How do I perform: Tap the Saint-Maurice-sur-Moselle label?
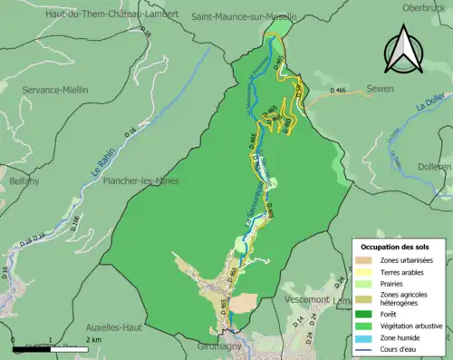pyautogui.click(x=245, y=16)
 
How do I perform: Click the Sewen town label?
pyautogui.click(x=380, y=89)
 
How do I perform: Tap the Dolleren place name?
pyautogui.click(x=435, y=167)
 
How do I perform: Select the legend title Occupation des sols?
pyautogui.click(x=401, y=247)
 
